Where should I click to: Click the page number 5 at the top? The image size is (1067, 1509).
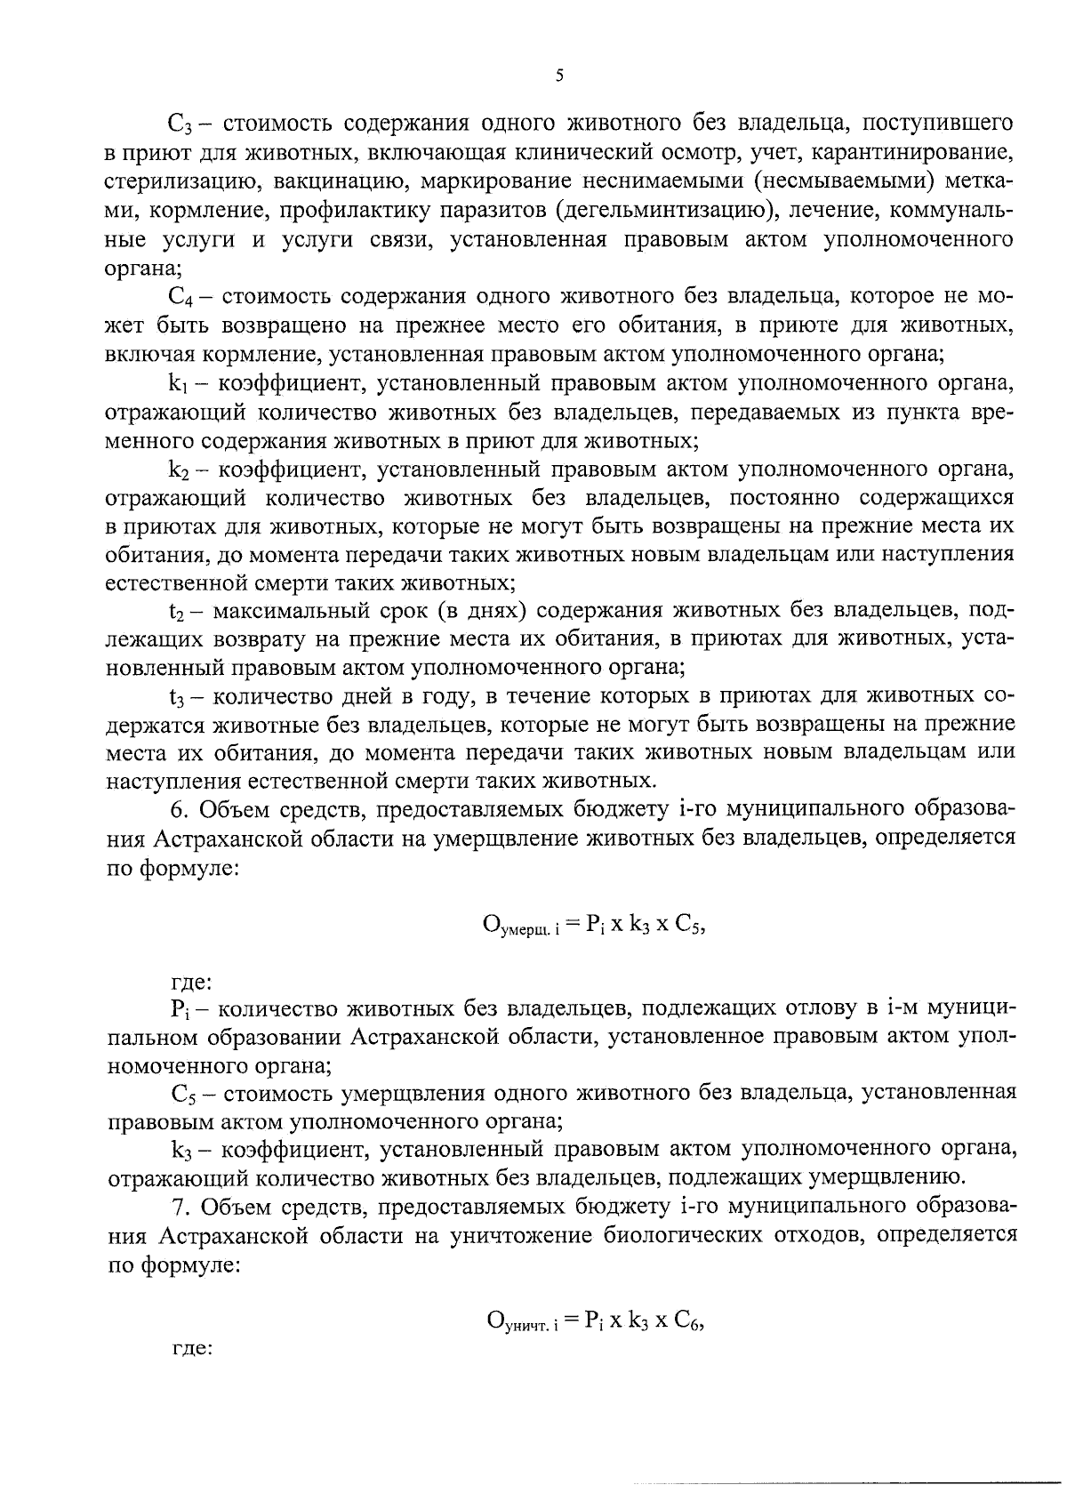coord(558,76)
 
